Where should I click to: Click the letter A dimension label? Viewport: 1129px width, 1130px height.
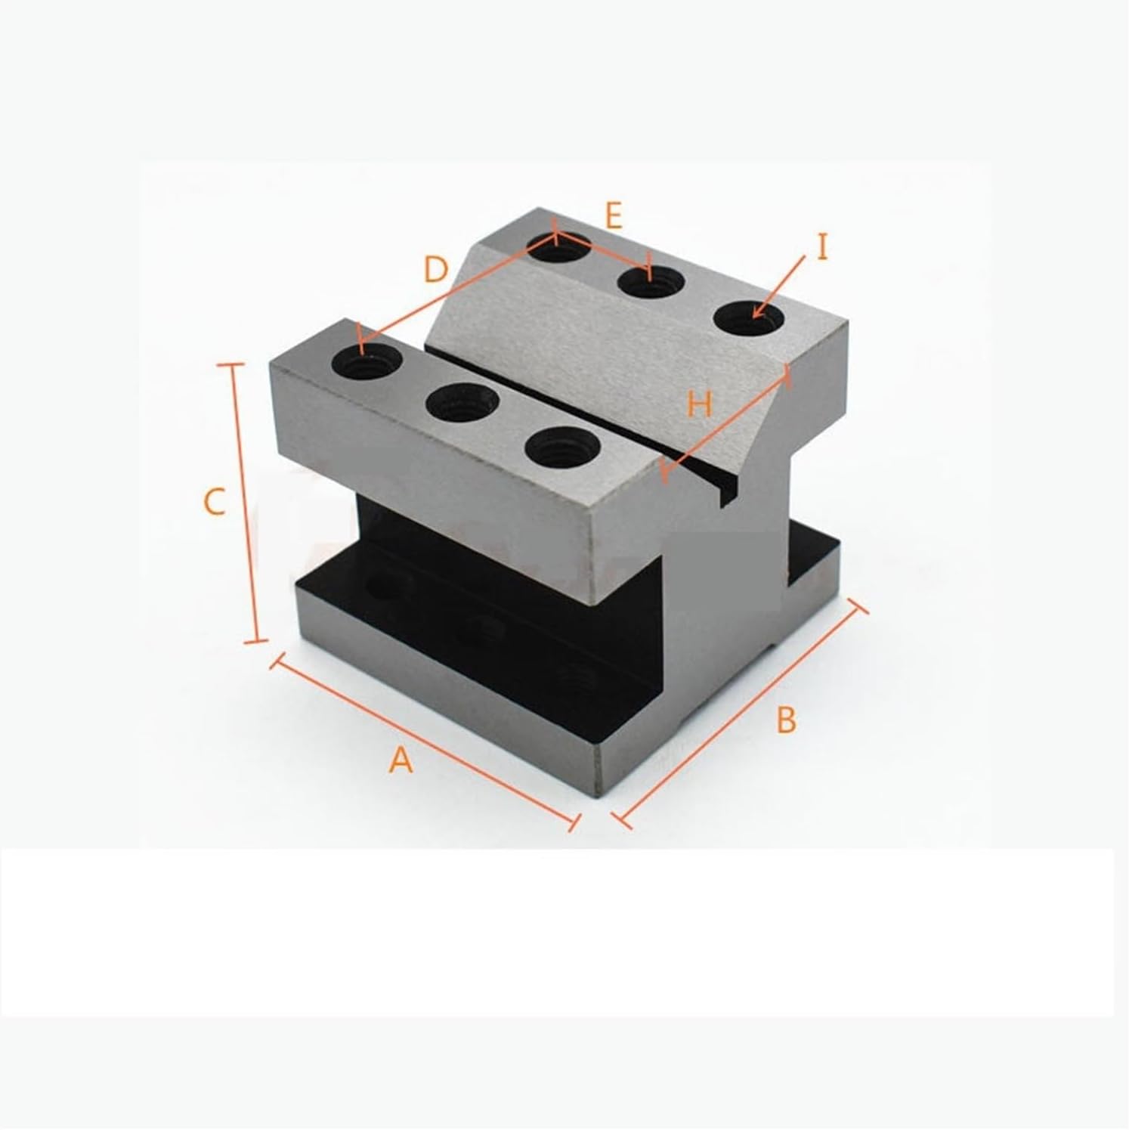[401, 759]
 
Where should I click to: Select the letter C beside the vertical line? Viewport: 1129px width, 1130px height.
[215, 501]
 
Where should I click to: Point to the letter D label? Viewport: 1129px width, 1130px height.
[436, 269]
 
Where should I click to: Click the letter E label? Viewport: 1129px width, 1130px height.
[614, 217]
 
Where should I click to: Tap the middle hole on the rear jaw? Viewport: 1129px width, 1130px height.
[651, 283]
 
